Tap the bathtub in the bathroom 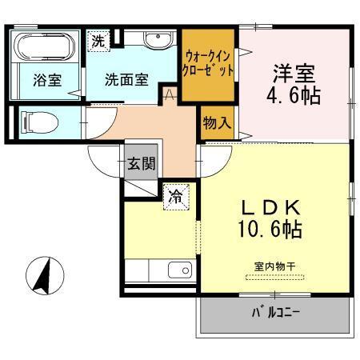point(45,49)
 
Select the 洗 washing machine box point(97,42)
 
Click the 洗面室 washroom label point(128,79)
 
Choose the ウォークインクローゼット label point(209,63)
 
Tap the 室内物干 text point(275,265)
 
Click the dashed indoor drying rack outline point(275,278)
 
